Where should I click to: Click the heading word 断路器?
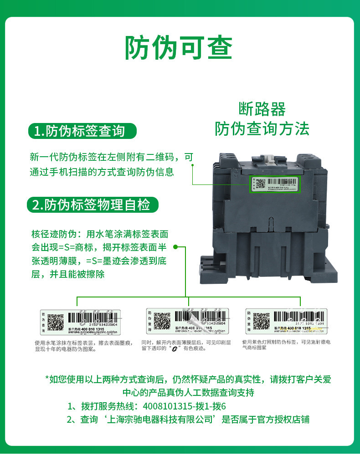click(262, 109)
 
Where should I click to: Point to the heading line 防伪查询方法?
click(262, 129)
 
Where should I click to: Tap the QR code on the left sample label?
click(56, 322)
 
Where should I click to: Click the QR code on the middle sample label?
click(162, 321)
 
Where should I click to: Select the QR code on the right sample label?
click(261, 321)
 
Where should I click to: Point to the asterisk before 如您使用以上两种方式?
click(46, 379)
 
